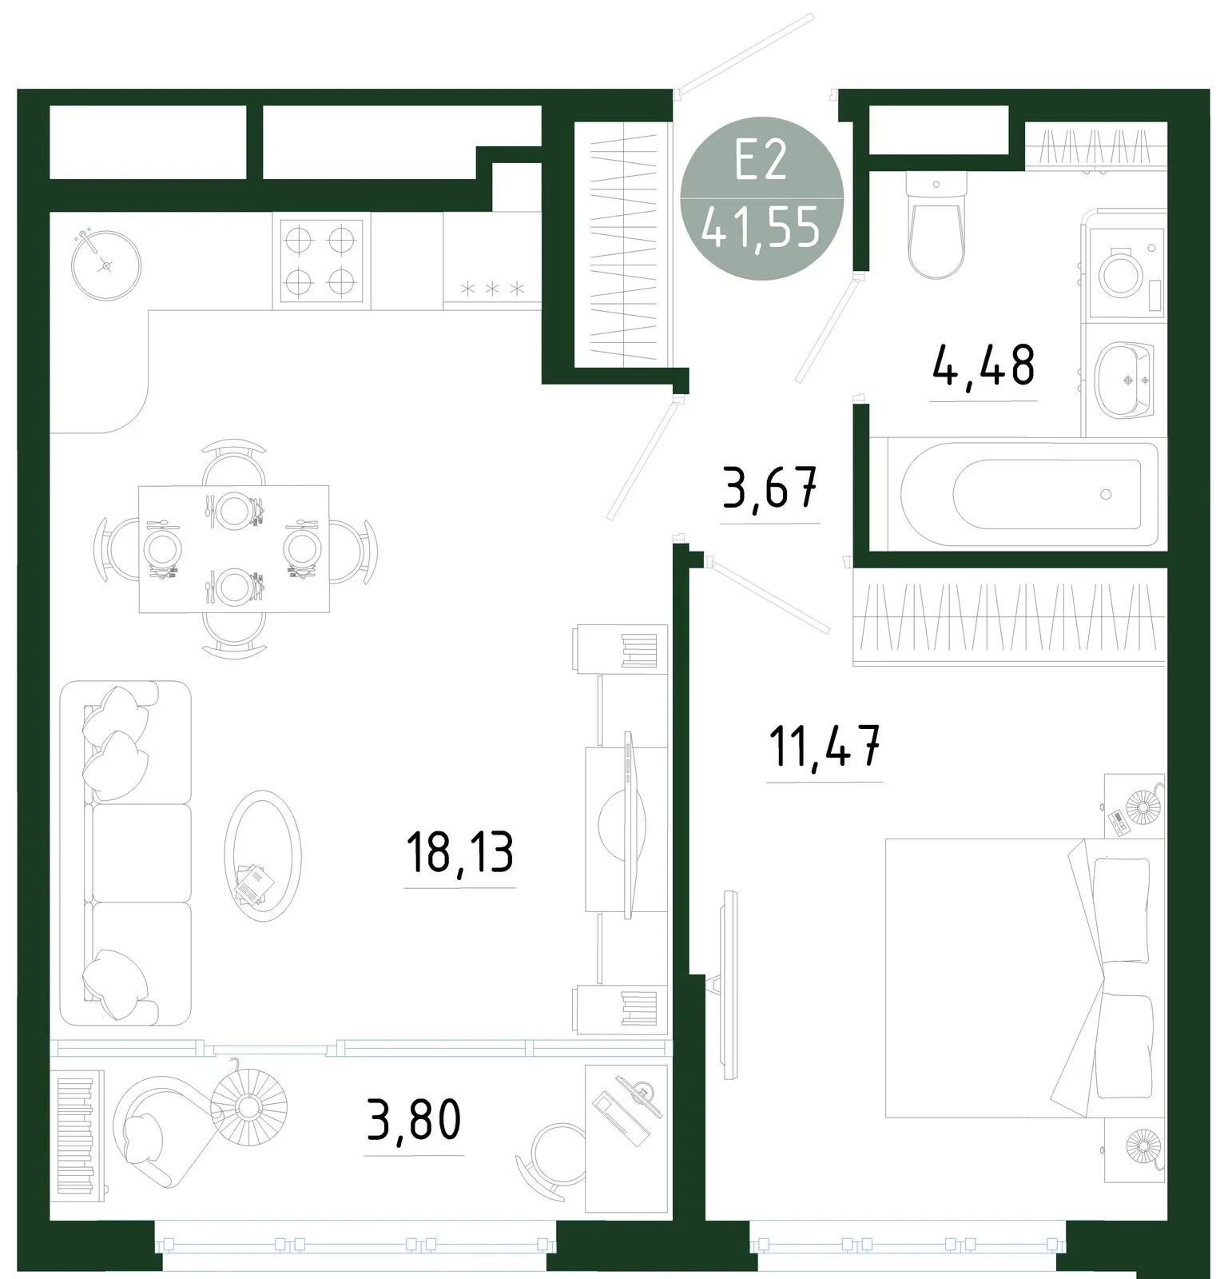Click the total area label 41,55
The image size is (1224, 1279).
click(761, 229)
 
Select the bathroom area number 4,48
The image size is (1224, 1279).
click(984, 366)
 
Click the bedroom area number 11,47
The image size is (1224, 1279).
click(825, 746)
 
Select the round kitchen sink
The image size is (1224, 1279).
click(106, 265)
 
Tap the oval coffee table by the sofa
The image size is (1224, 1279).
click(263, 855)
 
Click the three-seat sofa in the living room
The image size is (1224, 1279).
click(126, 853)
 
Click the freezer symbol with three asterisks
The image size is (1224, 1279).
click(492, 288)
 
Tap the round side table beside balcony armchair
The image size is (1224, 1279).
click(248, 1104)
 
